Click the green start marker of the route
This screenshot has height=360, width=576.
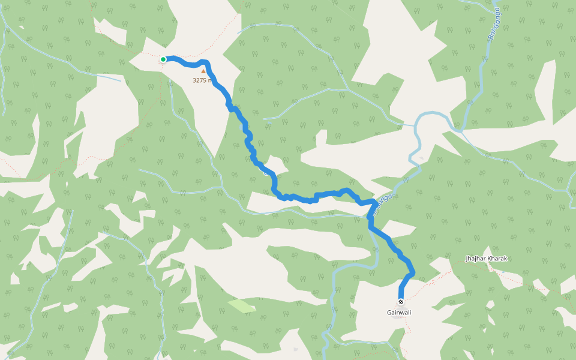pyautogui.click(x=163, y=59)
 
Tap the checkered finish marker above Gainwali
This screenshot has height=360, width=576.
pyautogui.click(x=401, y=302)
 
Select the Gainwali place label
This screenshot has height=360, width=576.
pyautogui.click(x=399, y=312)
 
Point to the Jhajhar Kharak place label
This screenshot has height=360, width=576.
pyautogui.click(x=487, y=259)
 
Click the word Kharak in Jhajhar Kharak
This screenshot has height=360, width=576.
pyautogui.click(x=497, y=259)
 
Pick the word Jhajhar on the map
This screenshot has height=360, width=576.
pyautogui.click(x=476, y=259)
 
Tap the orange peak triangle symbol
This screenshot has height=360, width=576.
pyautogui.click(x=203, y=71)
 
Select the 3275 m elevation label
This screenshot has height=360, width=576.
pyautogui.click(x=202, y=80)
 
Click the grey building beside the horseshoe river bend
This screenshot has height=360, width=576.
pyautogui.click(x=421, y=158)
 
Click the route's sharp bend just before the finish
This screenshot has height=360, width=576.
pyautogui.click(x=412, y=274)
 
